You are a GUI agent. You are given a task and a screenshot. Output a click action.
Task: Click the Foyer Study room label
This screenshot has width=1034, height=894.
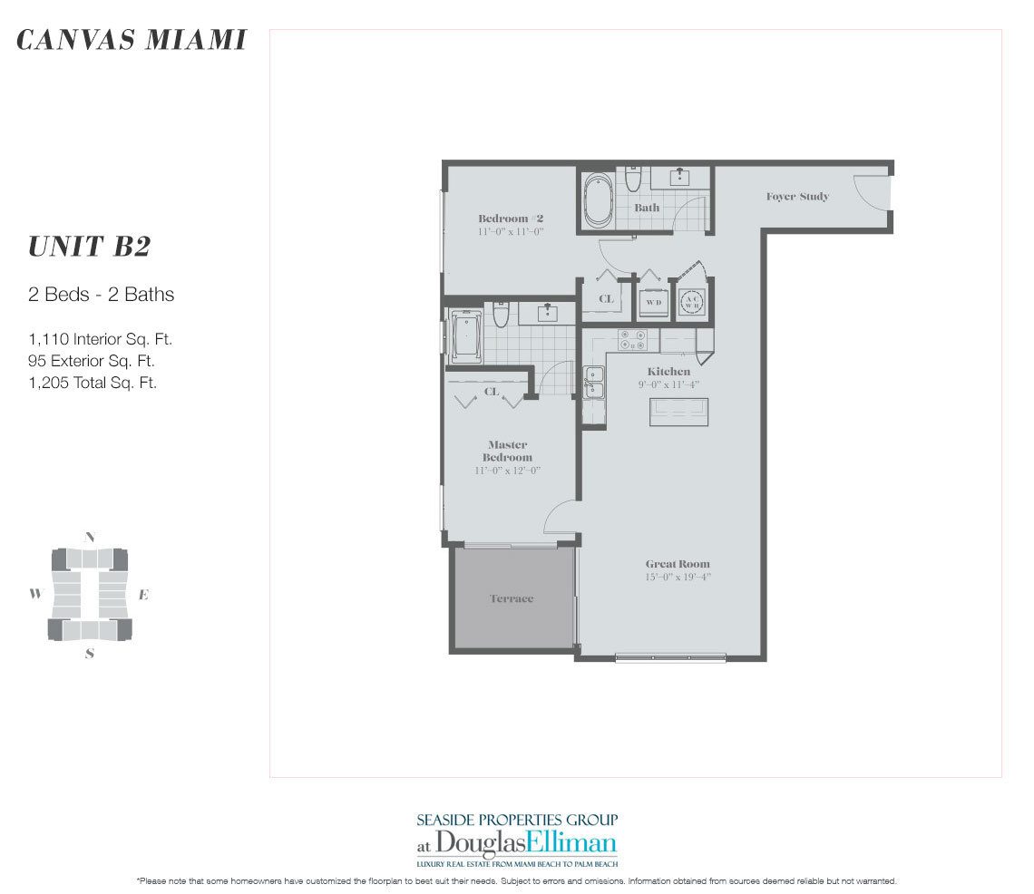click(x=797, y=197)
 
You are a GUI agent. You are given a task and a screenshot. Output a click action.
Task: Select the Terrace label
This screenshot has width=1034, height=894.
click(x=512, y=598)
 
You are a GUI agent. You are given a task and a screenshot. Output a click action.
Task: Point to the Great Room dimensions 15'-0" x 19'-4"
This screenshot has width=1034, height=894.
click(x=678, y=577)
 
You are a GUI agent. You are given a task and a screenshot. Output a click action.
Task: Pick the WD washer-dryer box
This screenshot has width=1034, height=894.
click(x=653, y=302)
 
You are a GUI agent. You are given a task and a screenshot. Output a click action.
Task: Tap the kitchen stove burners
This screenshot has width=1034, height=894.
click(x=631, y=340)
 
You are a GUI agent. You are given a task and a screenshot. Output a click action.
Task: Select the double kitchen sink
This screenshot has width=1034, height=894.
click(x=595, y=382)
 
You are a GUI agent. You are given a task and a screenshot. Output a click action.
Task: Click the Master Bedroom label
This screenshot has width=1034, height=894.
click(x=508, y=451)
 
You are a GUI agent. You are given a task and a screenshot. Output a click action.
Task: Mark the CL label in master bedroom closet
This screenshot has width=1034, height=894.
click(x=492, y=392)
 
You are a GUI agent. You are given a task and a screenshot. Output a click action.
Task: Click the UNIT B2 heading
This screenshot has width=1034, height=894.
click(x=89, y=247)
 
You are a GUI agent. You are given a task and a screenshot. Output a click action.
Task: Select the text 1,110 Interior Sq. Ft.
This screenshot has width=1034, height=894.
click(x=100, y=340)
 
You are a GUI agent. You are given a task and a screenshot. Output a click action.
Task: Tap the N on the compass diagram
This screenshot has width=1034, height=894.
click(x=89, y=537)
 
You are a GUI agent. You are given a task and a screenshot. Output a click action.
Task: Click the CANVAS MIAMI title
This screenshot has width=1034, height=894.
click(x=132, y=41)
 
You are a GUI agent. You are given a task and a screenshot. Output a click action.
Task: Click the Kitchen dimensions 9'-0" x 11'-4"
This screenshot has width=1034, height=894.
click(x=668, y=384)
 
